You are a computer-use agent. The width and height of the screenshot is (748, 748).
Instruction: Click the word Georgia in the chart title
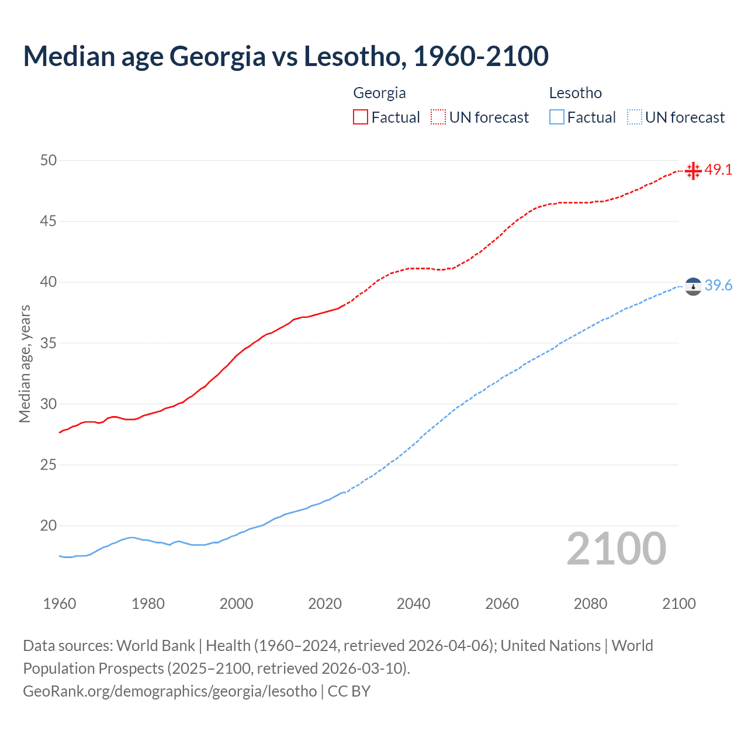click(x=217, y=56)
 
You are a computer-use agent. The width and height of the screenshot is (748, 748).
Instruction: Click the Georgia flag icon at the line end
click(x=693, y=171)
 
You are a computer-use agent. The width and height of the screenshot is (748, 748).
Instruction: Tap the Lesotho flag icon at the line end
click(x=693, y=286)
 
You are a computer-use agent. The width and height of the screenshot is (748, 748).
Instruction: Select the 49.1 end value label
click(x=718, y=169)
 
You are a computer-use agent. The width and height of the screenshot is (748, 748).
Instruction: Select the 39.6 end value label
click(x=718, y=285)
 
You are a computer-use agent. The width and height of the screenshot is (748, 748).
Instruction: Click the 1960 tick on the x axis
click(x=60, y=604)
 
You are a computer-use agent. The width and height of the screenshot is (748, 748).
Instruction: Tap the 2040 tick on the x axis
click(x=413, y=604)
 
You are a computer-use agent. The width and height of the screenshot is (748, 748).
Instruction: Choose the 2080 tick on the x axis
click(x=590, y=604)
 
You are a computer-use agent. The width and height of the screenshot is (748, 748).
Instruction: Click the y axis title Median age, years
click(x=25, y=363)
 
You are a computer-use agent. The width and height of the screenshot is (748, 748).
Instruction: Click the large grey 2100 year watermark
click(x=616, y=549)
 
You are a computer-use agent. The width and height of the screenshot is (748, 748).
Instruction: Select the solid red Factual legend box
click(x=361, y=117)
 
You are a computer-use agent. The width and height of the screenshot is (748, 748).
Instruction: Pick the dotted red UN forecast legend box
click(x=438, y=117)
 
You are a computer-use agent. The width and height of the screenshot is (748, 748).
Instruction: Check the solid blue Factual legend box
click(x=557, y=117)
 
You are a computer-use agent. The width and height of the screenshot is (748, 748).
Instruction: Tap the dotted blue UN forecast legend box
click(x=635, y=117)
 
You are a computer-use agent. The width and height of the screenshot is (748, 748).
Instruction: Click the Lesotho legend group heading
click(x=575, y=93)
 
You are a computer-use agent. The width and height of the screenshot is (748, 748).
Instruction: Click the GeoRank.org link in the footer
click(x=169, y=691)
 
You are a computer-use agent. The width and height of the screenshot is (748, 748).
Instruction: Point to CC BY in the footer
click(x=349, y=691)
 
